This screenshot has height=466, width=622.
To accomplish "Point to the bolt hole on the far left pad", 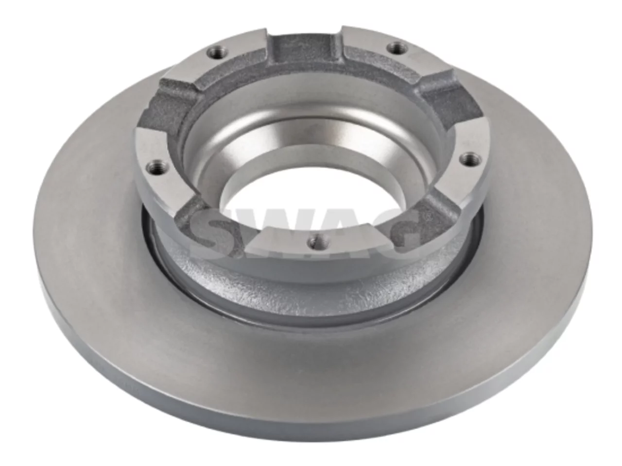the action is point(155,167).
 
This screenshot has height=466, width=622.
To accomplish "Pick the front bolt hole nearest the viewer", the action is point(317,242).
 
